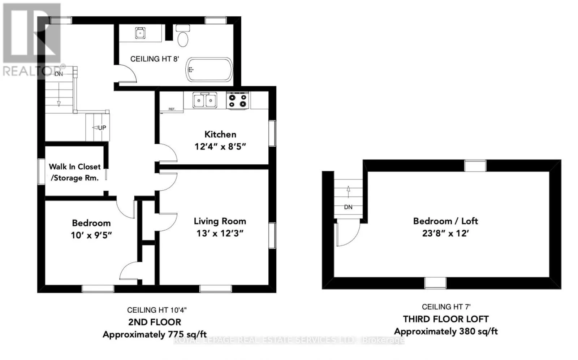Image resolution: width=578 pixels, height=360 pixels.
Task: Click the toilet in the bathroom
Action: (183, 36)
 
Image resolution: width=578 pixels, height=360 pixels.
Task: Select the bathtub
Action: (209, 70)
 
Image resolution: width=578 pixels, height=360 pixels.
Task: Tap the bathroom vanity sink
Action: (140, 33)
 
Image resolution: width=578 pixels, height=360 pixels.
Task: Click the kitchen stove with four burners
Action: (238, 101)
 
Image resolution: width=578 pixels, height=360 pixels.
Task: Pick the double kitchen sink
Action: (204, 100)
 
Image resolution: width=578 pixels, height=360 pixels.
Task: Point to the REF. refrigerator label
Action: (172, 109)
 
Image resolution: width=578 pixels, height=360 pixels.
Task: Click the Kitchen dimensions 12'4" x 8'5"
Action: (220, 147)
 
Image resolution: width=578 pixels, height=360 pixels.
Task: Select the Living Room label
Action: (220, 221)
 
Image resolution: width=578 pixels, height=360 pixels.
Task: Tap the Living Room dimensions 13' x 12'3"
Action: (220, 233)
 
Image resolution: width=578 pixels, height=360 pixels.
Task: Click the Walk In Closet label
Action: (74, 166)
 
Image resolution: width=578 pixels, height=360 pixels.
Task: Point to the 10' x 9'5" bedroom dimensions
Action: (91, 235)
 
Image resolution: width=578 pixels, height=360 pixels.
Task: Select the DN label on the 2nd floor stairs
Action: (59, 74)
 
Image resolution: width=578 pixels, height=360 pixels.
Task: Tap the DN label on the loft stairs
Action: (348, 207)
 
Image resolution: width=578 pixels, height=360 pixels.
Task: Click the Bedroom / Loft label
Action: (446, 221)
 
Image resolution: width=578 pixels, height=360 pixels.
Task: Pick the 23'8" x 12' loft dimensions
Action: (446, 233)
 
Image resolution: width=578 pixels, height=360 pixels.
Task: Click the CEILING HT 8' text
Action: (155, 59)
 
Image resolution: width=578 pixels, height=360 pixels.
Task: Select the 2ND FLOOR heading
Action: (155, 322)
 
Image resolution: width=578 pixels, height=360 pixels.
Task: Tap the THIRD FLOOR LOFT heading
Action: (446, 319)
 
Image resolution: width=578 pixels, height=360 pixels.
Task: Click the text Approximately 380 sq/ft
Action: (446, 331)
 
